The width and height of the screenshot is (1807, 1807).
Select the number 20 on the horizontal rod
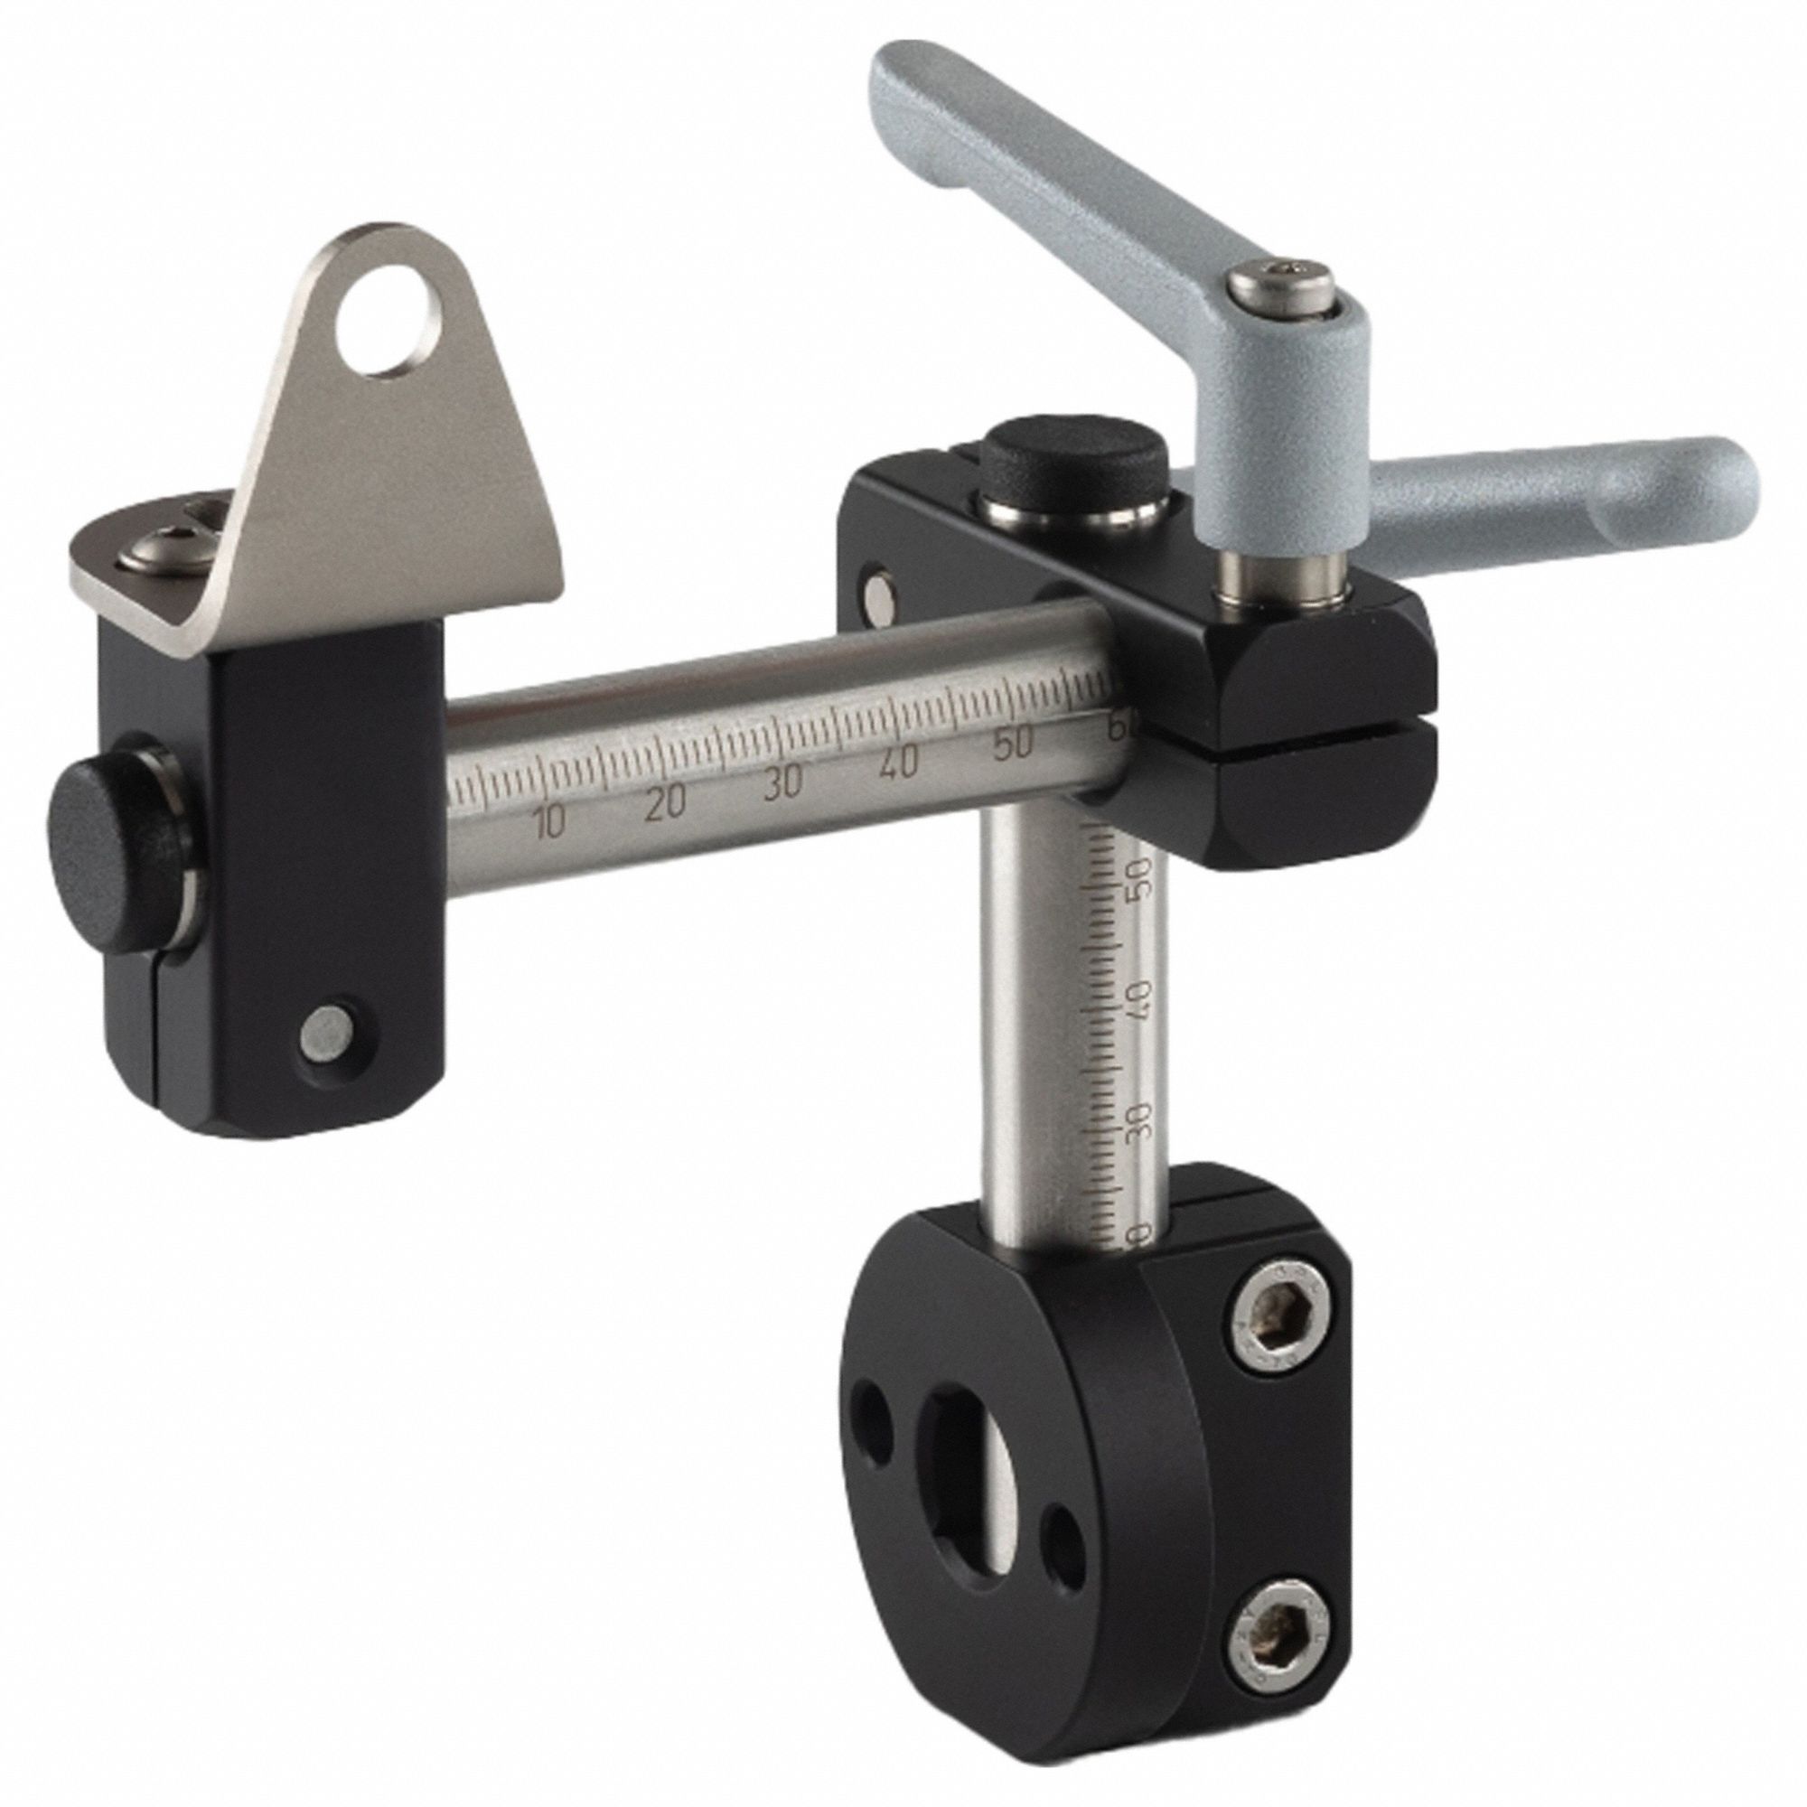tap(664, 801)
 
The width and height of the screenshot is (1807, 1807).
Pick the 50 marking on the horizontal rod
tap(1012, 745)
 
